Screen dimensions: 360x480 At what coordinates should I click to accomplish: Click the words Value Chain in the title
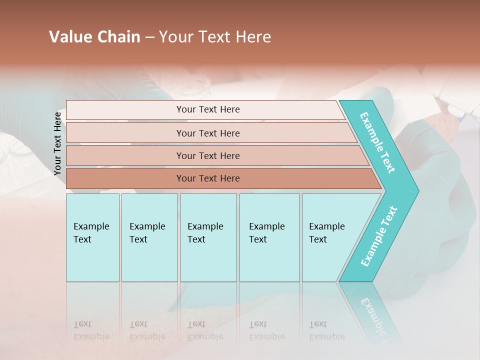[94, 37]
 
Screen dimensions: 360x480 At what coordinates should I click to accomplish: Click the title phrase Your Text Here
[215, 37]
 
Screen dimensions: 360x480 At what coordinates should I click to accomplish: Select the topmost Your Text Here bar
[207, 109]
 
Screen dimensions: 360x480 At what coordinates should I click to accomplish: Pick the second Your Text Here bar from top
[207, 133]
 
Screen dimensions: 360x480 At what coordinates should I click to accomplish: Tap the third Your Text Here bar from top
[207, 155]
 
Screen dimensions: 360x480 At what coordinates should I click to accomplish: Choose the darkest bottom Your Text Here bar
[207, 178]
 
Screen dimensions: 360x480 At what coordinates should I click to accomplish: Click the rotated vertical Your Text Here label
[57, 143]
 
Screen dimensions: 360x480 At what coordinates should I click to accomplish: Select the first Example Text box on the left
[92, 237]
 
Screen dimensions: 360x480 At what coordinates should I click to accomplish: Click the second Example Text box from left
[149, 237]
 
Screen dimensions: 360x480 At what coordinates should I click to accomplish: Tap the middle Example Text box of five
[208, 237]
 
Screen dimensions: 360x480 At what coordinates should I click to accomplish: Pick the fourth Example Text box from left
[269, 237]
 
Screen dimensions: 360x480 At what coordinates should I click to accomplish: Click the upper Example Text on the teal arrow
[378, 142]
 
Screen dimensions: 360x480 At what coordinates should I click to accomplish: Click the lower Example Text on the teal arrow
[379, 236]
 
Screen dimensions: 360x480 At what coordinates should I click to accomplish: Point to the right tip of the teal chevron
[418, 191]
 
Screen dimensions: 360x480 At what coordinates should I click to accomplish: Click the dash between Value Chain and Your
[149, 37]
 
